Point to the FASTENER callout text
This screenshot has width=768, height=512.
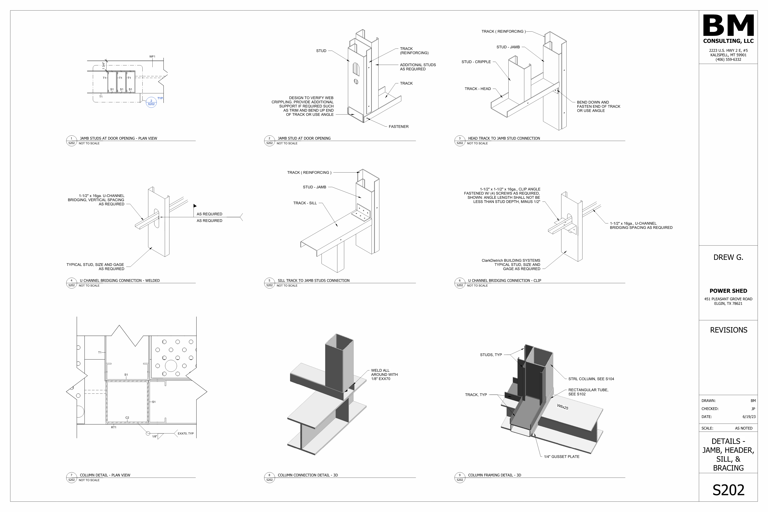pos(398,127)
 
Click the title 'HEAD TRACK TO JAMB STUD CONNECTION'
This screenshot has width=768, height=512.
pos(504,138)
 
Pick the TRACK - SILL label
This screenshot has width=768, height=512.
pos(305,203)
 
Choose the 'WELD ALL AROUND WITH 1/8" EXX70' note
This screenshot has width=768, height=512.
pos(384,375)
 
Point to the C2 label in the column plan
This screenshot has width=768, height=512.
pos(127,418)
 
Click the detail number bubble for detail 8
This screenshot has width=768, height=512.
pos(269,477)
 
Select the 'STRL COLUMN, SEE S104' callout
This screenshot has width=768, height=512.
pos(591,379)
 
